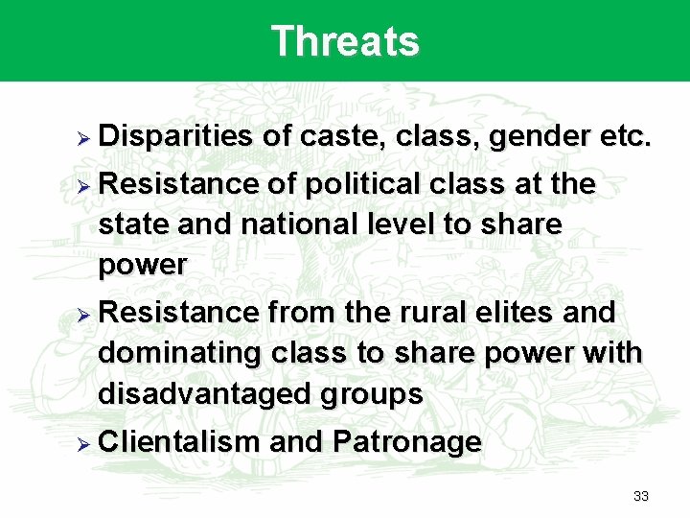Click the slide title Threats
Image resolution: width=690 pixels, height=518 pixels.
tap(345, 41)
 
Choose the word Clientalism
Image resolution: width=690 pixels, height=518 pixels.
tap(179, 442)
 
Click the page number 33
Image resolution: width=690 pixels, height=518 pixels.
tap(641, 496)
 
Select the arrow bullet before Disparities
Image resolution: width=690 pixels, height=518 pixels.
tap(83, 138)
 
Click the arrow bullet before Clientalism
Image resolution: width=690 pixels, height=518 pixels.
tap(83, 443)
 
